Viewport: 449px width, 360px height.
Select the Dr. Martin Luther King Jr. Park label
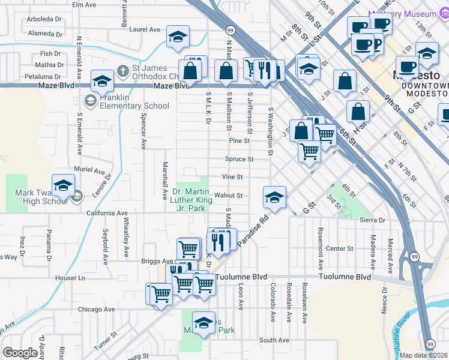pos(190,199)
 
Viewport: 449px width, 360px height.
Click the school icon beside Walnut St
pos(274,197)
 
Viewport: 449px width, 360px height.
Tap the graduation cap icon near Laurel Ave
pos(178,37)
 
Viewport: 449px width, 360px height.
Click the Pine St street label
pos(239,140)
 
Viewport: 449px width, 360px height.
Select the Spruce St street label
pos(239,159)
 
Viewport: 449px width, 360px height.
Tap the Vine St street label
pos(232,177)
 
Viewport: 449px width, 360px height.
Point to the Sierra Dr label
pos(373,220)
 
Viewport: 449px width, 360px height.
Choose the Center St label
pos(339,248)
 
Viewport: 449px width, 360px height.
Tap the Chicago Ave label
pos(95,310)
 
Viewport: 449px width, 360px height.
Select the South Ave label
pos(274,340)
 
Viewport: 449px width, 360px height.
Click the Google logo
pos(20,353)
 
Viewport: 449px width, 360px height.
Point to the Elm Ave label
pos(84,4)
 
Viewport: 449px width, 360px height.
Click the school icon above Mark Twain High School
pos(63,186)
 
